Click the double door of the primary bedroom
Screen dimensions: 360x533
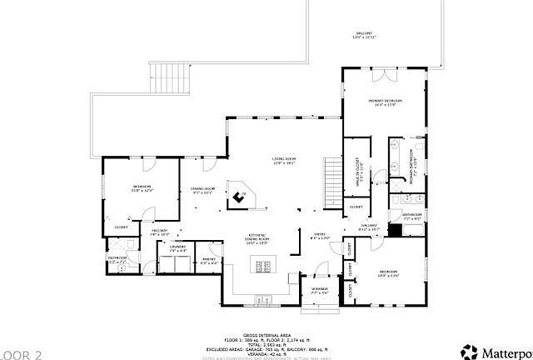tap(384, 75)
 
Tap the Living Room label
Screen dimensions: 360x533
tap(285, 162)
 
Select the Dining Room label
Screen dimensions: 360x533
tap(203, 190)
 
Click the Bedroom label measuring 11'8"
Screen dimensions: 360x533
tap(142, 187)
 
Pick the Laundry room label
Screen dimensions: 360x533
tap(177, 248)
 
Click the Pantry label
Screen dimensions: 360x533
tap(209, 262)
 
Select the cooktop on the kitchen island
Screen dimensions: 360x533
tap(265, 267)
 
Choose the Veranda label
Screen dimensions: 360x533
tap(320, 291)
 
